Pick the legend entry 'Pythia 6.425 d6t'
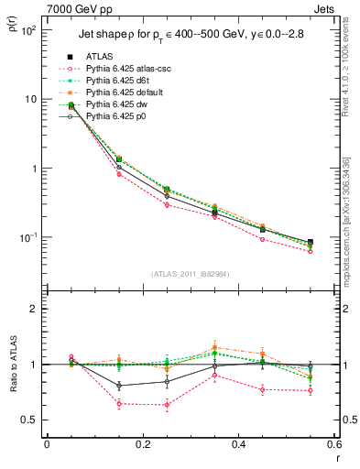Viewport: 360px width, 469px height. click(112, 81)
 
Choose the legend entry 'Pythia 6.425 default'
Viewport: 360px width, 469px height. click(119, 93)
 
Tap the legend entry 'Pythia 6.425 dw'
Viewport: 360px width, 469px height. click(111, 104)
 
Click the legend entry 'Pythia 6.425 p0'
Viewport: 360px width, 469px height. click(110, 116)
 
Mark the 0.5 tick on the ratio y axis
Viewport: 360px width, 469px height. click(30, 420)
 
